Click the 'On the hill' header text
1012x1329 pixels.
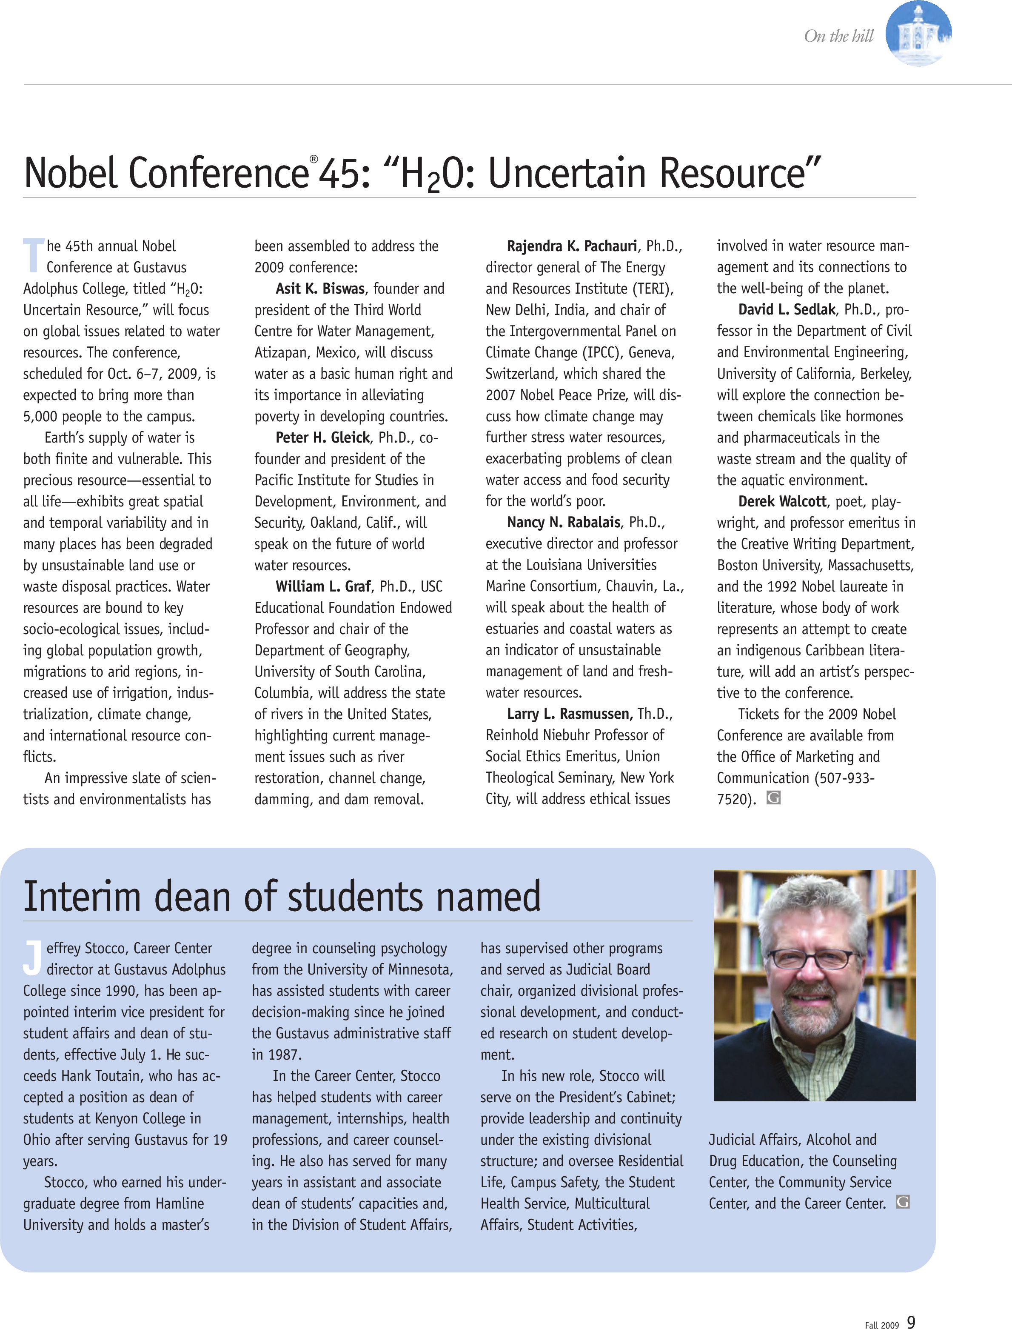[838, 36]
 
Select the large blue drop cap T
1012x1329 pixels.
[34, 255]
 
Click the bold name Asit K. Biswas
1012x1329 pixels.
[320, 289]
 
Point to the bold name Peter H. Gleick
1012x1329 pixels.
[323, 437]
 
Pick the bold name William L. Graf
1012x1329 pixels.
[323, 586]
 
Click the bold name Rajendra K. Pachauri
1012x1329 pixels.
[572, 246]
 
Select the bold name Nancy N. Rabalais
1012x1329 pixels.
[563, 522]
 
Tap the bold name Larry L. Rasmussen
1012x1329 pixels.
[569, 714]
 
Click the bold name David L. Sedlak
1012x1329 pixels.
[787, 310]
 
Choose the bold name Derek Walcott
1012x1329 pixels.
[782, 501]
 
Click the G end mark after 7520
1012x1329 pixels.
[773, 797]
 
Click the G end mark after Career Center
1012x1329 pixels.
[902, 1202]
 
